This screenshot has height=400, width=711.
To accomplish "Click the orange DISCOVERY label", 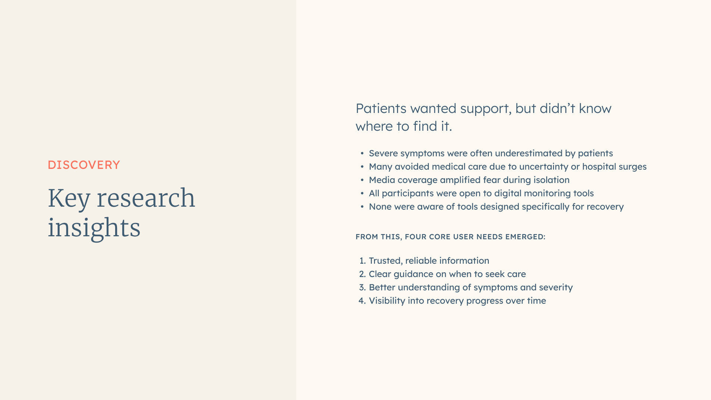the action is click(x=84, y=165).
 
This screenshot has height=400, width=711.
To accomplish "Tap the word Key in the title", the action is click(x=69, y=199).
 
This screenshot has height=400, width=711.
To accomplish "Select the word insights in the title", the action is click(x=94, y=228).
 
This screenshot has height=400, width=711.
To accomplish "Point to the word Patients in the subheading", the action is click(x=381, y=109).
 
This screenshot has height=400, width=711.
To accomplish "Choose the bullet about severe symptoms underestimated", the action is click(x=491, y=153).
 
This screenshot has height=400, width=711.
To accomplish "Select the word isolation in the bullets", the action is click(x=551, y=180).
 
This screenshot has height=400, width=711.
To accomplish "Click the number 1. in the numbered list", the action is click(x=363, y=261).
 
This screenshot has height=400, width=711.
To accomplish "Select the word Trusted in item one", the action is click(x=385, y=261).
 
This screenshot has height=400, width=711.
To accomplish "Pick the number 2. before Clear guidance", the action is click(x=363, y=274).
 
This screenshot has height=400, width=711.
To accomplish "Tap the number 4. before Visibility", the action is click(x=362, y=301).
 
